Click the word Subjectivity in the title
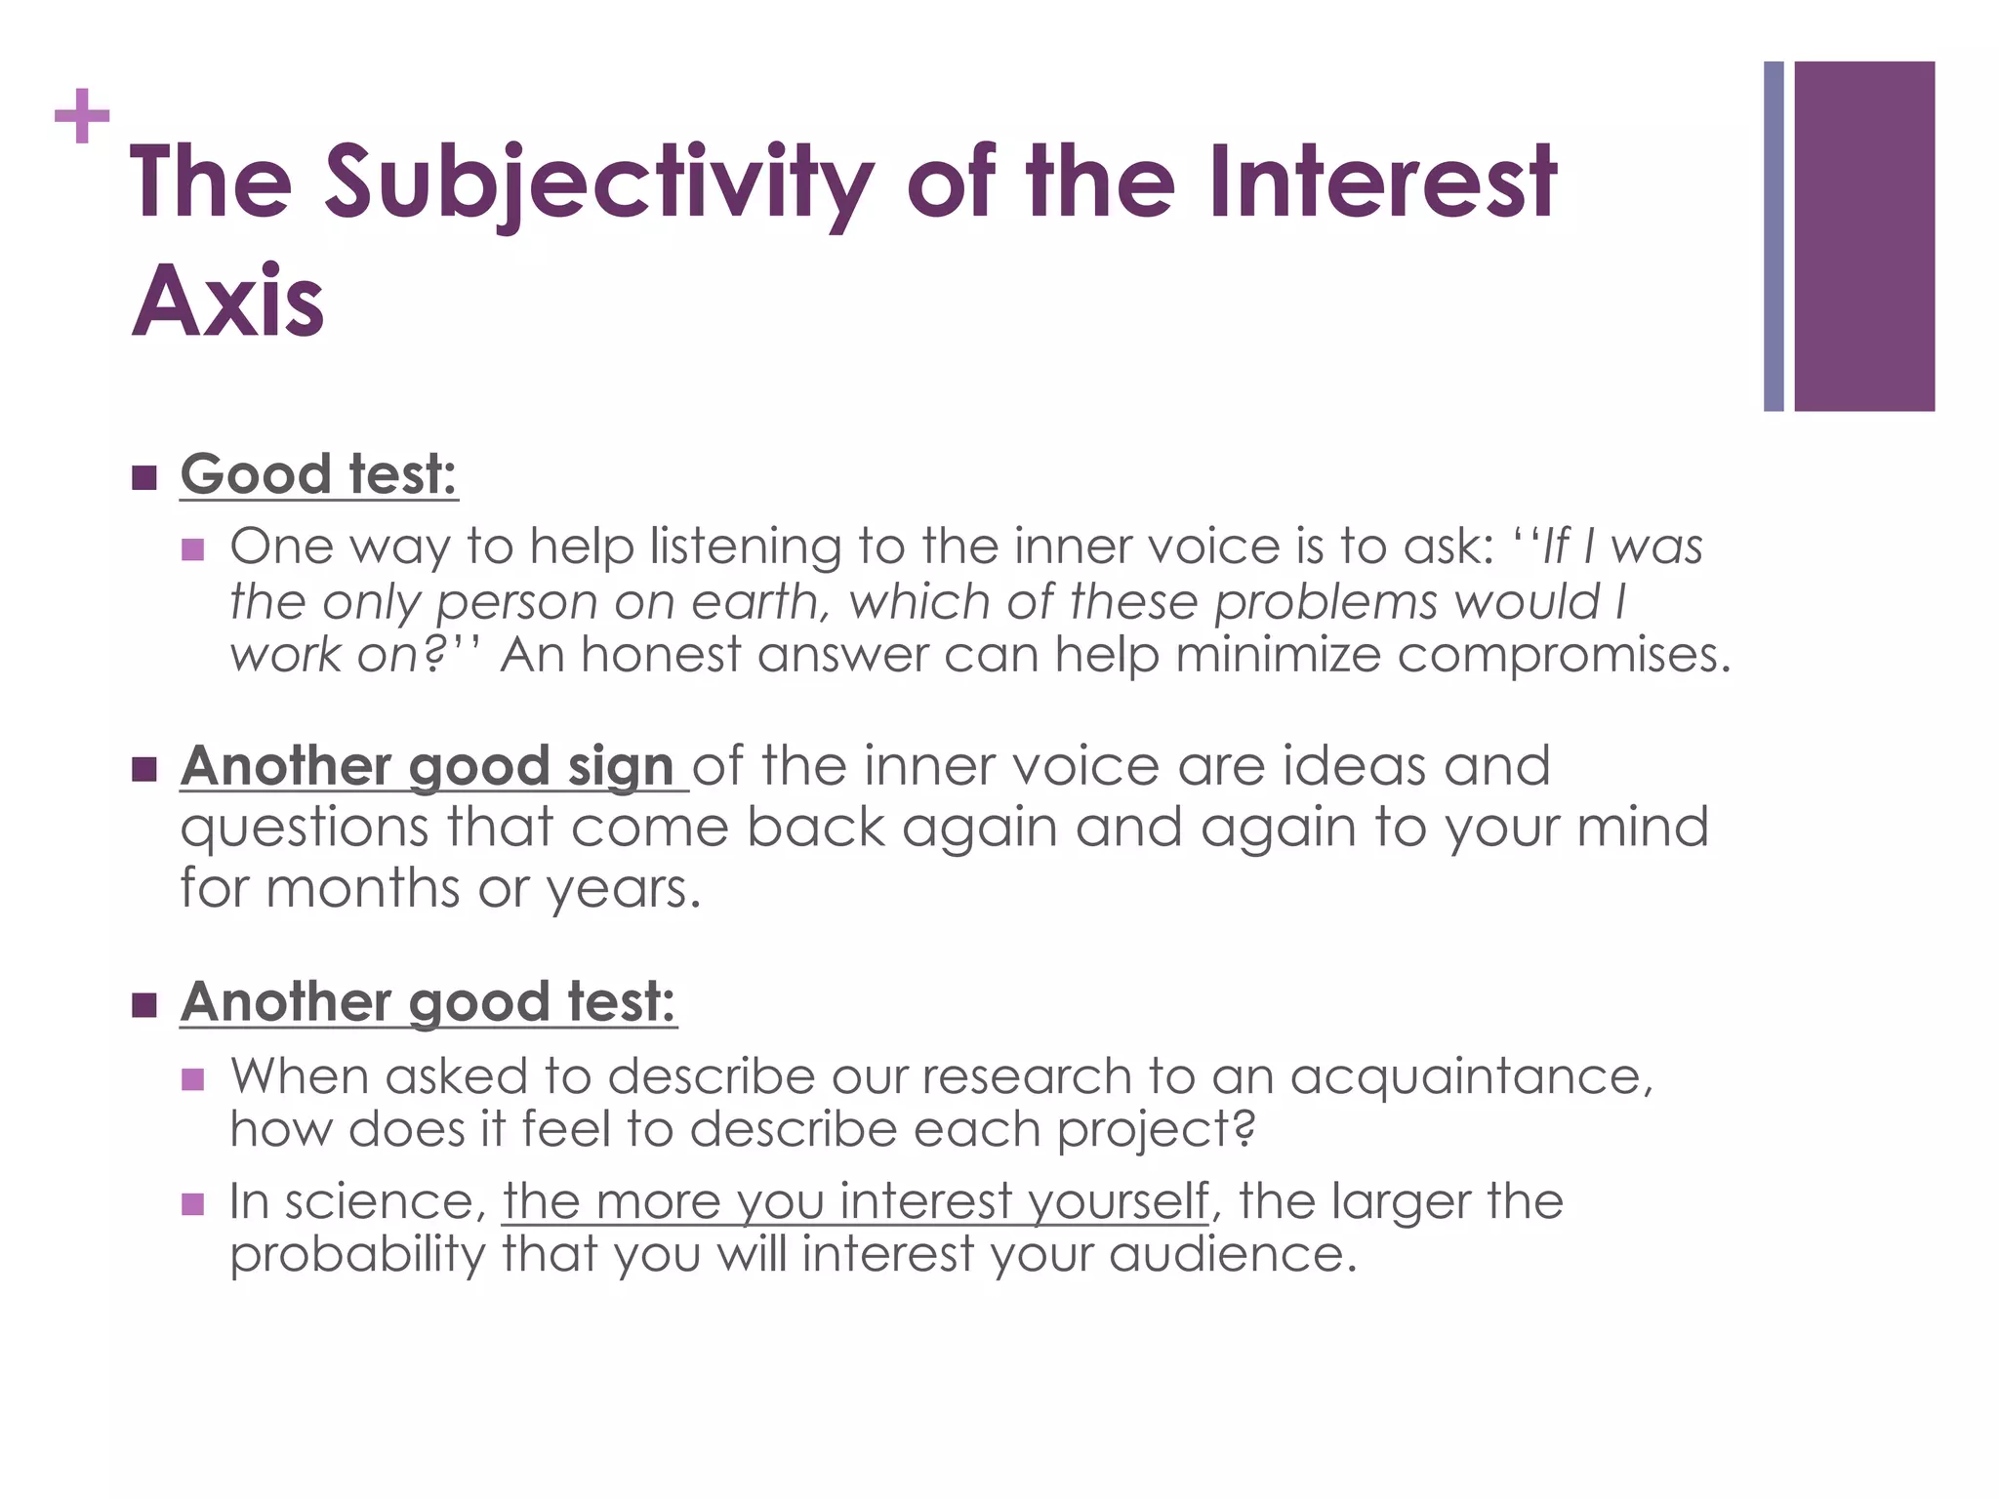[597, 183]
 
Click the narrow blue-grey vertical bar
[1774, 236]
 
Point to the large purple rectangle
[1864, 236]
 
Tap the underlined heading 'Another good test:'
[428, 1002]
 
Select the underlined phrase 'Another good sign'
[428, 766]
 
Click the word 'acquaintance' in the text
[1471, 1076]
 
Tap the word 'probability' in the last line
[357, 1254]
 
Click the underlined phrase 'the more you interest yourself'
[855, 1201]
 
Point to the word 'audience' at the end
[1232, 1254]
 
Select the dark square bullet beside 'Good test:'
[144, 478]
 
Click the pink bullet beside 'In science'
[192, 1204]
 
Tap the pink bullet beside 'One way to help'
[192, 549]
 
